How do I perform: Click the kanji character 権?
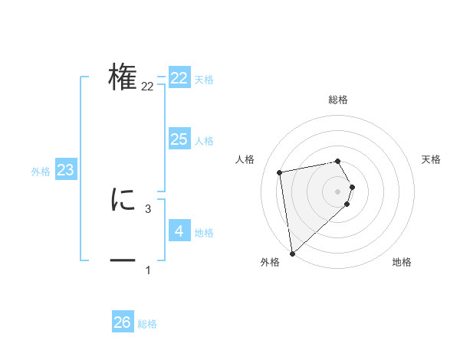tap(123, 77)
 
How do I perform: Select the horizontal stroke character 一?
tap(123, 261)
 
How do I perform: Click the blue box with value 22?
tap(179, 78)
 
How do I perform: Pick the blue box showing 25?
tap(179, 139)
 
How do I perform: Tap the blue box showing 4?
tap(179, 231)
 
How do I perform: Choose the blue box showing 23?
tap(66, 169)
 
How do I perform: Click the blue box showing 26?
tap(123, 322)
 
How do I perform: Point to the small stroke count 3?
tap(148, 208)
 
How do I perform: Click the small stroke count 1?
tap(148, 270)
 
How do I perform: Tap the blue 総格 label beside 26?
tap(147, 324)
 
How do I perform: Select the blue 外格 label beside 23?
tap(41, 172)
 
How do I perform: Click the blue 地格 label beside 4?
tap(204, 233)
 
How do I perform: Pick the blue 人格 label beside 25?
tap(204, 141)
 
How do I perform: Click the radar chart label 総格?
tap(338, 100)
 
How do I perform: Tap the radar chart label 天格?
tap(432, 159)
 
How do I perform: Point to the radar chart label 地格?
tap(402, 262)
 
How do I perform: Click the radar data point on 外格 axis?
tap(292, 253)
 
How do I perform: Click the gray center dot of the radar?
tap(338, 191)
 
